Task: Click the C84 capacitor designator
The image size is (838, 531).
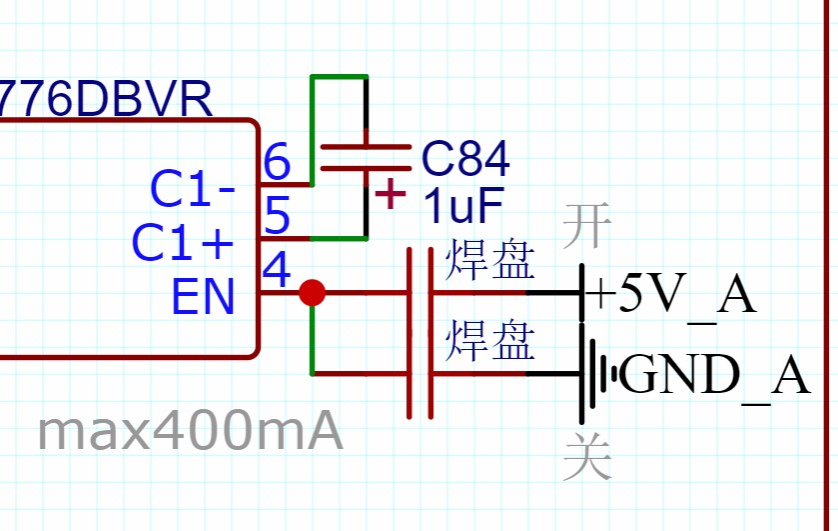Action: tap(465, 158)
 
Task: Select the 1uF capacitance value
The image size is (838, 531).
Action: tap(462, 206)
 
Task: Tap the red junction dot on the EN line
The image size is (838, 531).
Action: tap(313, 292)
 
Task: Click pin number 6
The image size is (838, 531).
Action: tap(276, 161)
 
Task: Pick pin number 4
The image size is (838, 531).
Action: tap(276, 270)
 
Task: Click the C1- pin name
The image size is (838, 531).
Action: tap(193, 188)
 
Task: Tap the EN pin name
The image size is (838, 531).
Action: tap(203, 296)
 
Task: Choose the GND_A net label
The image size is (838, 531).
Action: tap(715, 376)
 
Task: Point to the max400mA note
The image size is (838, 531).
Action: tap(190, 432)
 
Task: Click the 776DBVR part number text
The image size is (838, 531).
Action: tap(105, 100)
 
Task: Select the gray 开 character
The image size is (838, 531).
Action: tap(586, 227)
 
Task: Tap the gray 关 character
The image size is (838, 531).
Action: tap(586, 457)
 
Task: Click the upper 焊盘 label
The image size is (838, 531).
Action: tap(490, 260)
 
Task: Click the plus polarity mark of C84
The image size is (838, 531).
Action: tap(390, 193)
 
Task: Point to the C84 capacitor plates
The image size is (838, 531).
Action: tap(365, 158)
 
